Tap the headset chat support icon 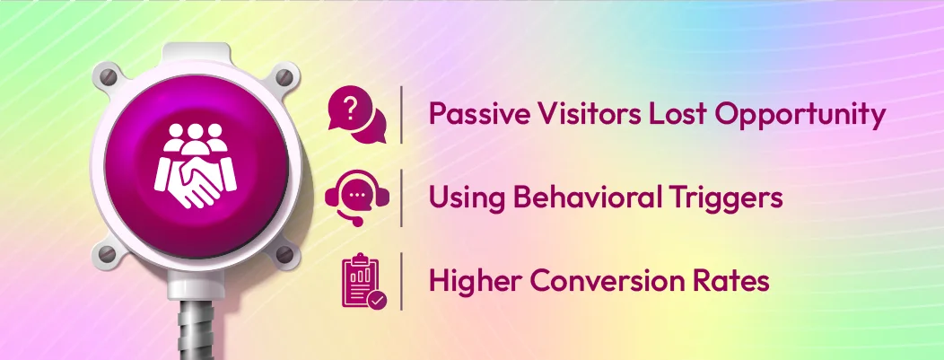358,198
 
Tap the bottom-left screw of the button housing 104,252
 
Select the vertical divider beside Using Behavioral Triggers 402,198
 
